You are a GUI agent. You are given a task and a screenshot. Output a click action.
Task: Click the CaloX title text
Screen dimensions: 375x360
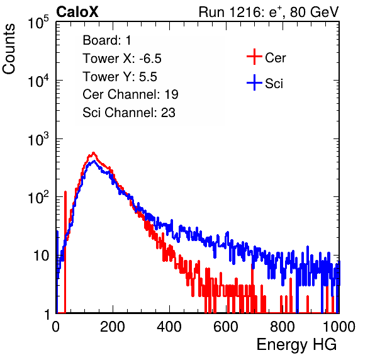coord(77,12)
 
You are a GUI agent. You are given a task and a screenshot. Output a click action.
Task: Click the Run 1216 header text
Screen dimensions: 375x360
coord(269,12)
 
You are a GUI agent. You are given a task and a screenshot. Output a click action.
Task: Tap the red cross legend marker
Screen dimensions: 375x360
coord(254,57)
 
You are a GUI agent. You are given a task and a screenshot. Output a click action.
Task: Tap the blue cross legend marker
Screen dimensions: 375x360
coord(254,82)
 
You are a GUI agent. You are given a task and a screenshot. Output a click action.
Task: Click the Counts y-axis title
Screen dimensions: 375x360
coord(9,49)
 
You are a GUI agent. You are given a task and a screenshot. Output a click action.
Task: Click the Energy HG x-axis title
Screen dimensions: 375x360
coord(296,345)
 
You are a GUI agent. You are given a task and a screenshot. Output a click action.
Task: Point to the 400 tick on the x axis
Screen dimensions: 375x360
coord(169,327)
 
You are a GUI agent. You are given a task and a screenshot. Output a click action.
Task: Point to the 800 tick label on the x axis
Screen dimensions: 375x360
coord(283,327)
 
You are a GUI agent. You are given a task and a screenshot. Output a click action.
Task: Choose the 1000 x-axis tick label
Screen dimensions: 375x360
coord(339,327)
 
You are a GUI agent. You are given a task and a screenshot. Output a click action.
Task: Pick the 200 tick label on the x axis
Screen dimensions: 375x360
coord(113,327)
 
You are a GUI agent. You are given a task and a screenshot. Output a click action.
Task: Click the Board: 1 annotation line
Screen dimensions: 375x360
coord(107,40)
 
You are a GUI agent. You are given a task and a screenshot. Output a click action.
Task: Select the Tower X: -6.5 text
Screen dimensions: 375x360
coord(122,59)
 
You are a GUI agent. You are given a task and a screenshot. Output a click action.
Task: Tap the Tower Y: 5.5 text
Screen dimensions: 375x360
coord(120,77)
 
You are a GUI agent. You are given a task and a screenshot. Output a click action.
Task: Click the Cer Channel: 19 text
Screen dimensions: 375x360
coord(130,94)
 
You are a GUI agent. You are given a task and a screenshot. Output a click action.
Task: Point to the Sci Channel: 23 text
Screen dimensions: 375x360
coord(129,113)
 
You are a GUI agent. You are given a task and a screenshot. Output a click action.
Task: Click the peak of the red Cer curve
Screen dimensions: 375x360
coord(94,152)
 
